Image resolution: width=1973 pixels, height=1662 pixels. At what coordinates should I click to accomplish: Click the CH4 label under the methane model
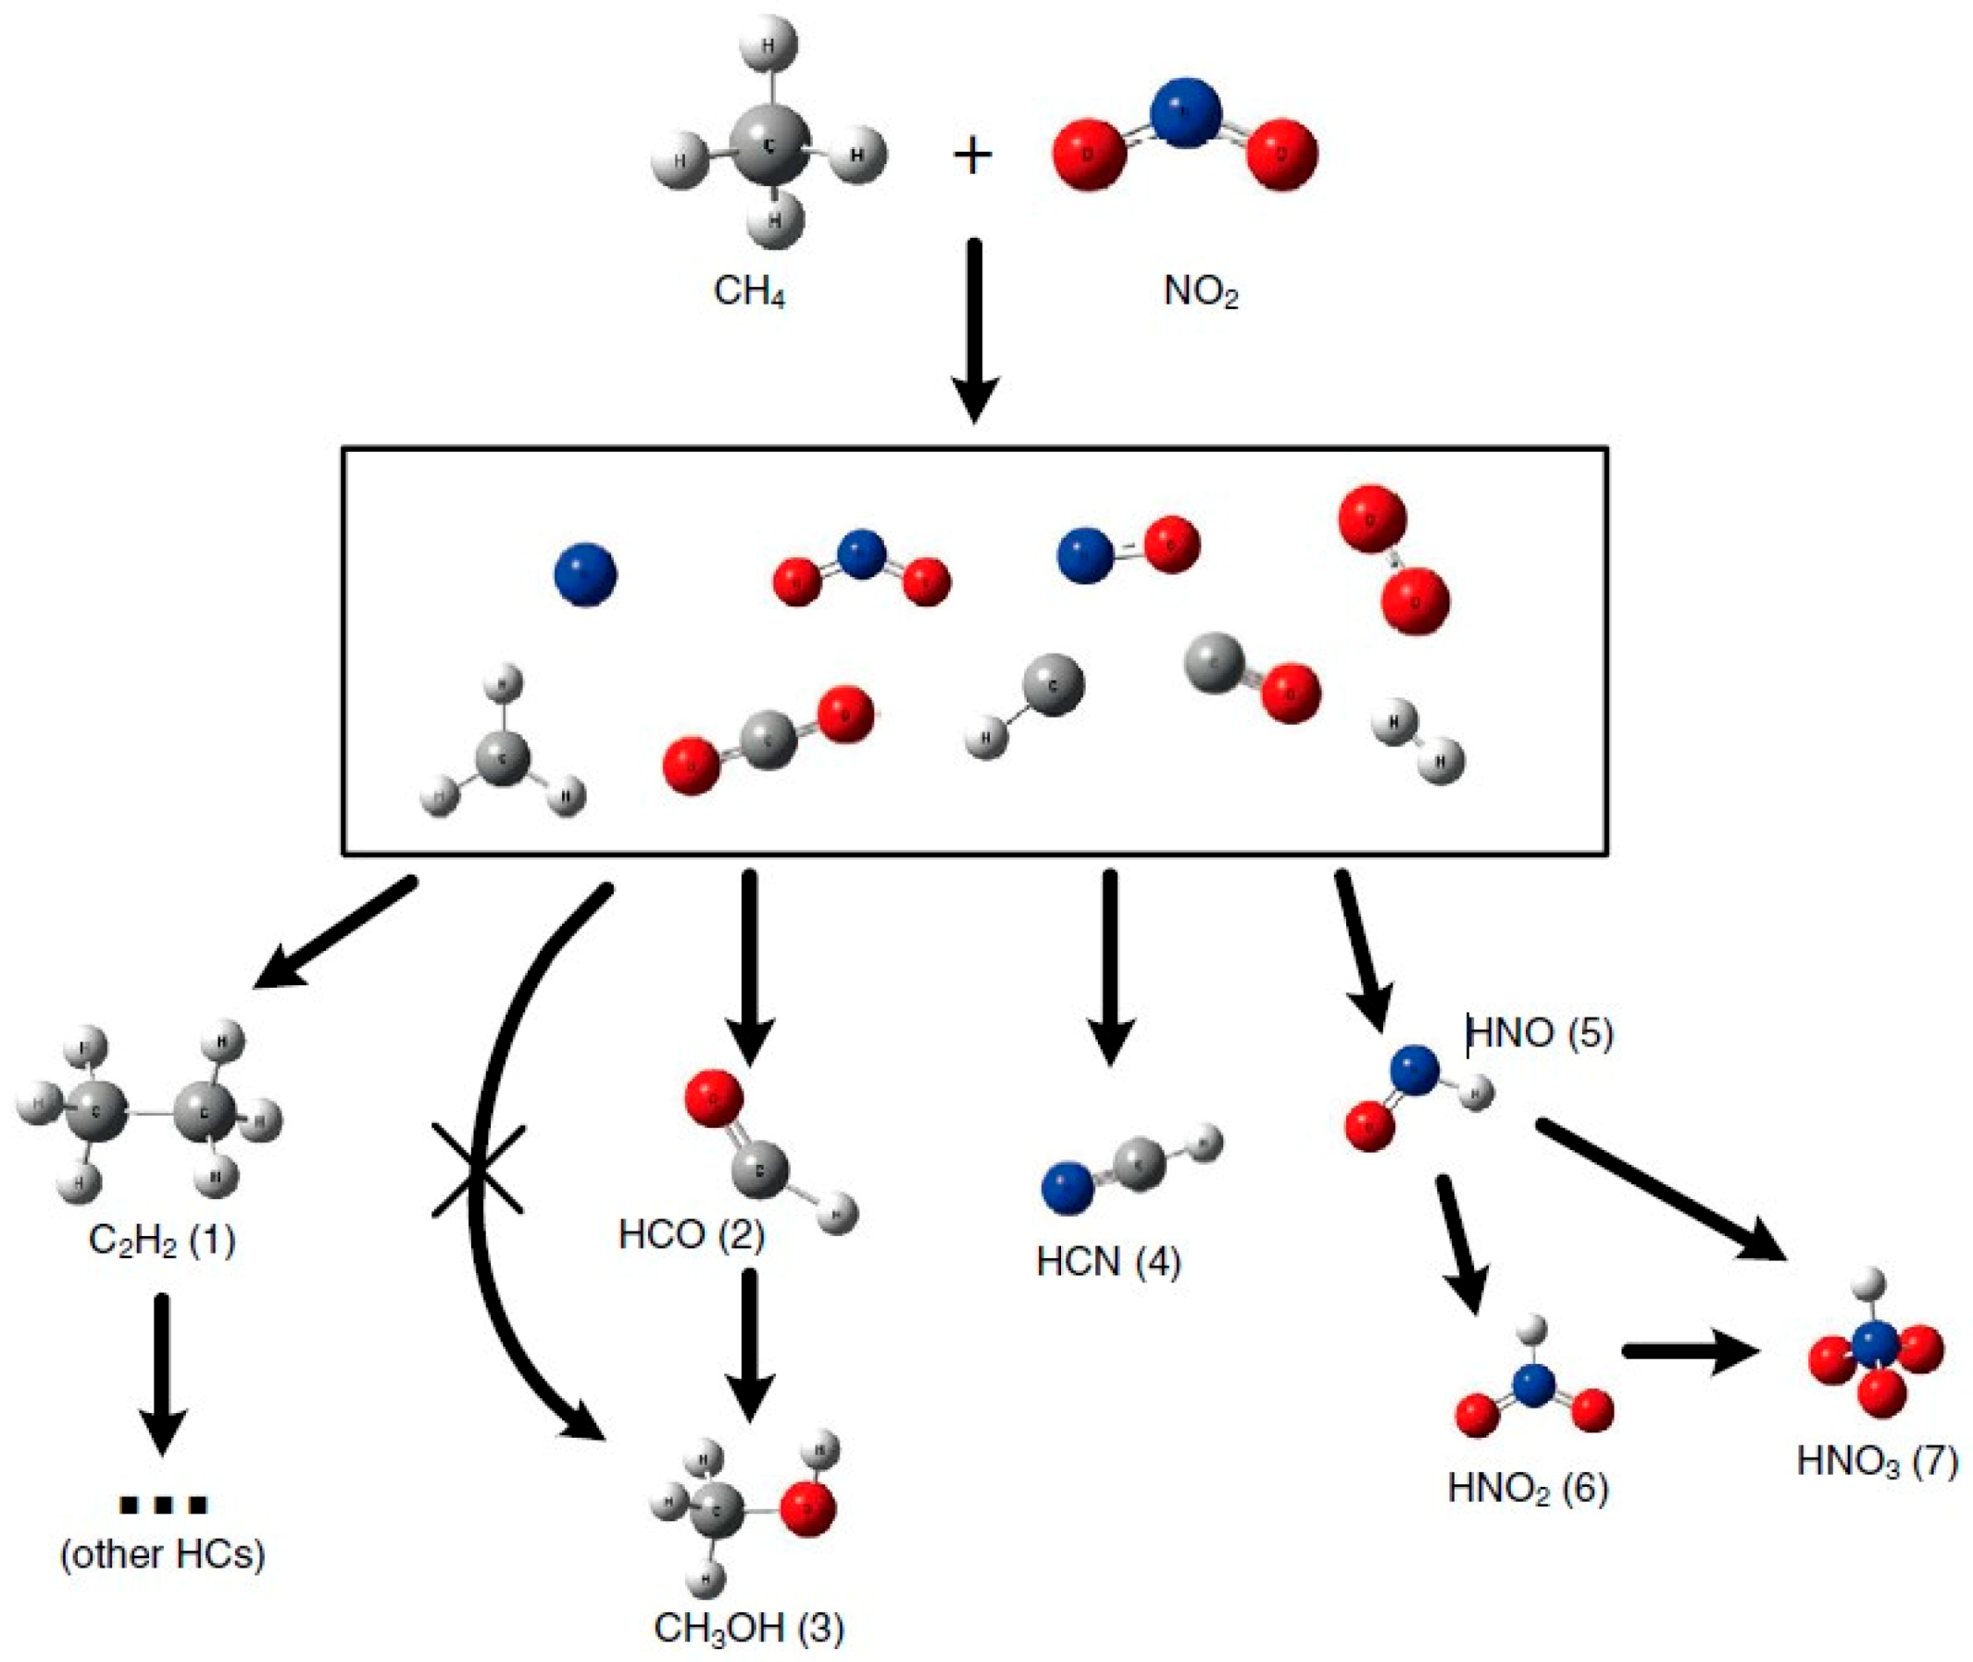[749, 291]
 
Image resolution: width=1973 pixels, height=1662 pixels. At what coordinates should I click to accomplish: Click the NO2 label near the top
[1201, 291]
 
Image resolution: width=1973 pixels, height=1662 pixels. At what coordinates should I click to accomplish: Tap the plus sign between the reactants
[972, 156]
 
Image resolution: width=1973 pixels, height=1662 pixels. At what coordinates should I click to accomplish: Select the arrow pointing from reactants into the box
[974, 330]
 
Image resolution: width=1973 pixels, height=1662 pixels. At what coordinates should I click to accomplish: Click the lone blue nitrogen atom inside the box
[585, 574]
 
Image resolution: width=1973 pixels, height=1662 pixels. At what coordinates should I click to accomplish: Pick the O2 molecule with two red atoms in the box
[1393, 559]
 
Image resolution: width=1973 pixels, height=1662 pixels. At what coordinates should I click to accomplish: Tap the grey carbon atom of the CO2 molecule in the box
[768, 743]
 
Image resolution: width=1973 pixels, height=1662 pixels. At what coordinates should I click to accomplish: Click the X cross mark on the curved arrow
[478, 1170]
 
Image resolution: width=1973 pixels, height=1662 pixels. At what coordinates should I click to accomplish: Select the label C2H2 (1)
[161, 1241]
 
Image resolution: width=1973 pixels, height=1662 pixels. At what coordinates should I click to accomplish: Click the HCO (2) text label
[691, 1234]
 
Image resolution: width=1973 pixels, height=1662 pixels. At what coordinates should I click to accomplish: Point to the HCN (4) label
[1108, 1262]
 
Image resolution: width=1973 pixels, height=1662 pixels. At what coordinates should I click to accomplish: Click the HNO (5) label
[1540, 1033]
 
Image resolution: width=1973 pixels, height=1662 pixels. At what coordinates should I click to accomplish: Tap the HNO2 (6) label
[1528, 1489]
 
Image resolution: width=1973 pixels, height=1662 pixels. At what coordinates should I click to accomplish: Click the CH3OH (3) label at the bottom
[748, 1628]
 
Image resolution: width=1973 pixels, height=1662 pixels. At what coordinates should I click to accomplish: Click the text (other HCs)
[162, 1555]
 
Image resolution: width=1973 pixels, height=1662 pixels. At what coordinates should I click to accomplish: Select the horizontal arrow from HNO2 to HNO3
[1692, 1352]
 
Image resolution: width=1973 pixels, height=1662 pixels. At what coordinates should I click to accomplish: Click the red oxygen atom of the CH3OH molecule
[807, 1508]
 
